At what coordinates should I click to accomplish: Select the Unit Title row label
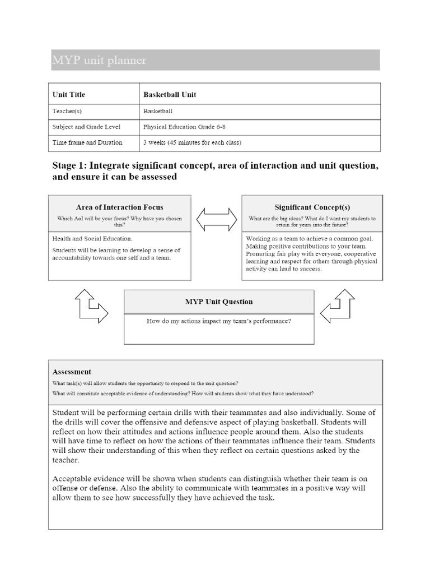coord(69,94)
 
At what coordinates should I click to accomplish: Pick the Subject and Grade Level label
coord(86,127)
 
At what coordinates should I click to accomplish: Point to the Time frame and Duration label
coord(87,142)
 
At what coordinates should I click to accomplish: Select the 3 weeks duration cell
coord(192,142)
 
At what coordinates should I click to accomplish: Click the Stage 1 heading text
coord(215,171)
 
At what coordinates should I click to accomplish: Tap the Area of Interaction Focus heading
coord(120,207)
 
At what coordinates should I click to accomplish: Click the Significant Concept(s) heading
coord(312,207)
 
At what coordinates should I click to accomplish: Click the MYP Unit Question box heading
coord(219,302)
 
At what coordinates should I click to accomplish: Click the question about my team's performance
coord(219,321)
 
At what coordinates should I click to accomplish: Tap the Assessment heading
coord(72,371)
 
